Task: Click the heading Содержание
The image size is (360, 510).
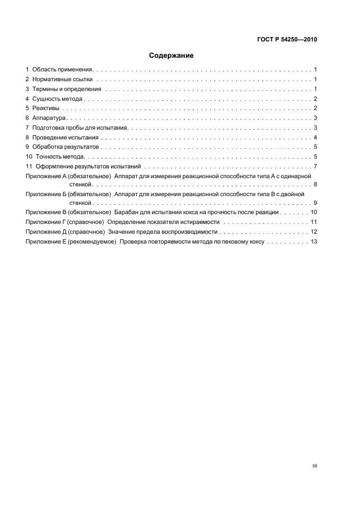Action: (x=172, y=56)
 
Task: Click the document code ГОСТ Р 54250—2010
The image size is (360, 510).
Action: (x=287, y=40)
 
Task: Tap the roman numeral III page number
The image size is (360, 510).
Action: (x=314, y=466)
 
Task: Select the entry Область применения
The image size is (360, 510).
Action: (x=63, y=70)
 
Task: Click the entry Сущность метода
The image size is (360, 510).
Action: (x=57, y=99)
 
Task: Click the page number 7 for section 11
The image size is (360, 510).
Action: (x=315, y=166)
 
